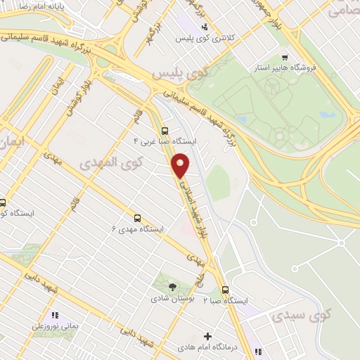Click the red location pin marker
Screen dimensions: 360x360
(181, 165)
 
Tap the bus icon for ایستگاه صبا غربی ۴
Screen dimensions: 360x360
(165, 130)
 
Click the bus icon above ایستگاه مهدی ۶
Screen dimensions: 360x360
(138, 218)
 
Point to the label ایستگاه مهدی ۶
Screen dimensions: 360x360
(138, 229)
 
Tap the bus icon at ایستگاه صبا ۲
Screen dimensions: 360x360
(225, 289)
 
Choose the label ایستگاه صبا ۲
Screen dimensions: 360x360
(226, 300)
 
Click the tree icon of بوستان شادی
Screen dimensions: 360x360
(172, 285)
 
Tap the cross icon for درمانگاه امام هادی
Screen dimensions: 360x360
(207, 337)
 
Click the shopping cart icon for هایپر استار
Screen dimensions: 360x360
(284, 57)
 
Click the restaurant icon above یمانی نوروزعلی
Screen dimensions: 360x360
(54, 316)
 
